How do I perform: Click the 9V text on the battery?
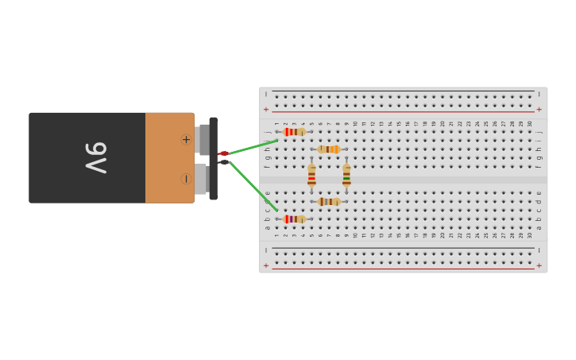[96, 157]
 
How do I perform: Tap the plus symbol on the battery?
[186, 140]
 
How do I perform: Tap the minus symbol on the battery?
[186, 179]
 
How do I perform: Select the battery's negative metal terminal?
[200, 179]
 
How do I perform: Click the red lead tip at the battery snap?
[223, 153]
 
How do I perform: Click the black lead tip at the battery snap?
[224, 162]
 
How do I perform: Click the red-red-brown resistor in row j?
[294, 132]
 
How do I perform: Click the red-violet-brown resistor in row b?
[294, 219]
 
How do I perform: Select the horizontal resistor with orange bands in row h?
[329, 149]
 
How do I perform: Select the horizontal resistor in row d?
[329, 202]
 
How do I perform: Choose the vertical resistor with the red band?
[311, 176]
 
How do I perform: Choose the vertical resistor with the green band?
[346, 176]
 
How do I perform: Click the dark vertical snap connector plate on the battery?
[213, 158]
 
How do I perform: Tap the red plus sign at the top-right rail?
[539, 110]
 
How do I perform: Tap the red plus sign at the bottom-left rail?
[266, 265]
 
